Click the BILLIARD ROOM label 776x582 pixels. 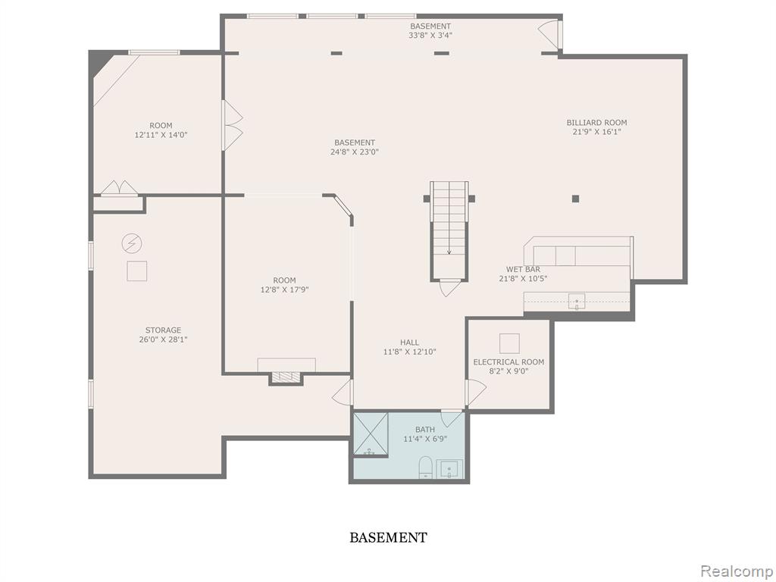pyautogui.click(x=596, y=122)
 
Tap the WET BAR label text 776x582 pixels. pyautogui.click(x=523, y=269)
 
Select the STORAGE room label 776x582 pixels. pyautogui.click(x=164, y=330)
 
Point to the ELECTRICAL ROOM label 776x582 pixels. pyautogui.click(x=508, y=361)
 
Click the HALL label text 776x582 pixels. pyautogui.click(x=409, y=342)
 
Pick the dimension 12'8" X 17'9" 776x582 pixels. pyautogui.click(x=284, y=289)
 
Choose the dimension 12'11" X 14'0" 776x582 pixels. pyautogui.click(x=161, y=135)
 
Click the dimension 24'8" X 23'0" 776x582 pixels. pyautogui.click(x=355, y=152)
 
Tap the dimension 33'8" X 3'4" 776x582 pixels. pyautogui.click(x=430, y=35)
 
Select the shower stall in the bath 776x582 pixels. pyautogui.click(x=371, y=433)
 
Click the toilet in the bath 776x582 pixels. pyautogui.click(x=425, y=467)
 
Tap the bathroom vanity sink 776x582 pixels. pyautogui.click(x=449, y=469)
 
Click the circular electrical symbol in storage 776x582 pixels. pyautogui.click(x=131, y=243)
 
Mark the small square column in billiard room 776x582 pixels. pyautogui.click(x=575, y=199)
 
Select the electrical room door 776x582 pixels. pyautogui.click(x=475, y=392)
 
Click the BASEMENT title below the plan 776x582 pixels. pyautogui.click(x=388, y=537)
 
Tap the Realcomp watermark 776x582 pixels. pyautogui.click(x=735, y=570)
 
